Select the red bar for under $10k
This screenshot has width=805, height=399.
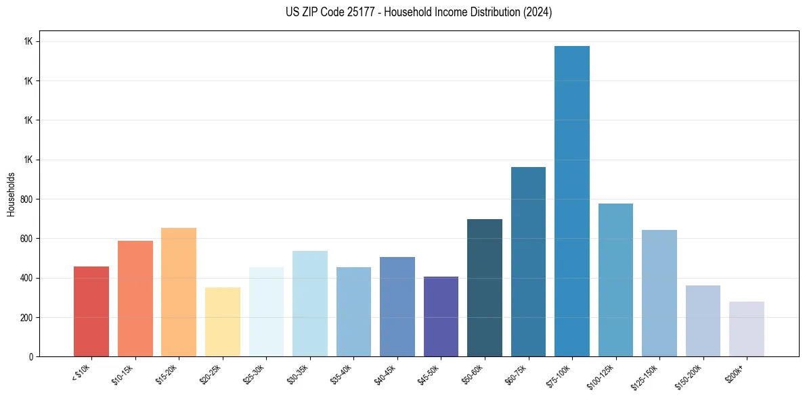coord(91,312)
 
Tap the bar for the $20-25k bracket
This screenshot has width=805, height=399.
coord(223,322)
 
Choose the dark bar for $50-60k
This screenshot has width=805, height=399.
coord(485,288)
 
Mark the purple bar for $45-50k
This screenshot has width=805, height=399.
coord(441,316)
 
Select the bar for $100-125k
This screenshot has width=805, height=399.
coord(615,280)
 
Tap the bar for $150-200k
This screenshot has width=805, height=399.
coord(703,321)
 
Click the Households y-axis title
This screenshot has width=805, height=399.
coord(11,194)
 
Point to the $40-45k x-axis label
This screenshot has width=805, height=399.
coord(385,374)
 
